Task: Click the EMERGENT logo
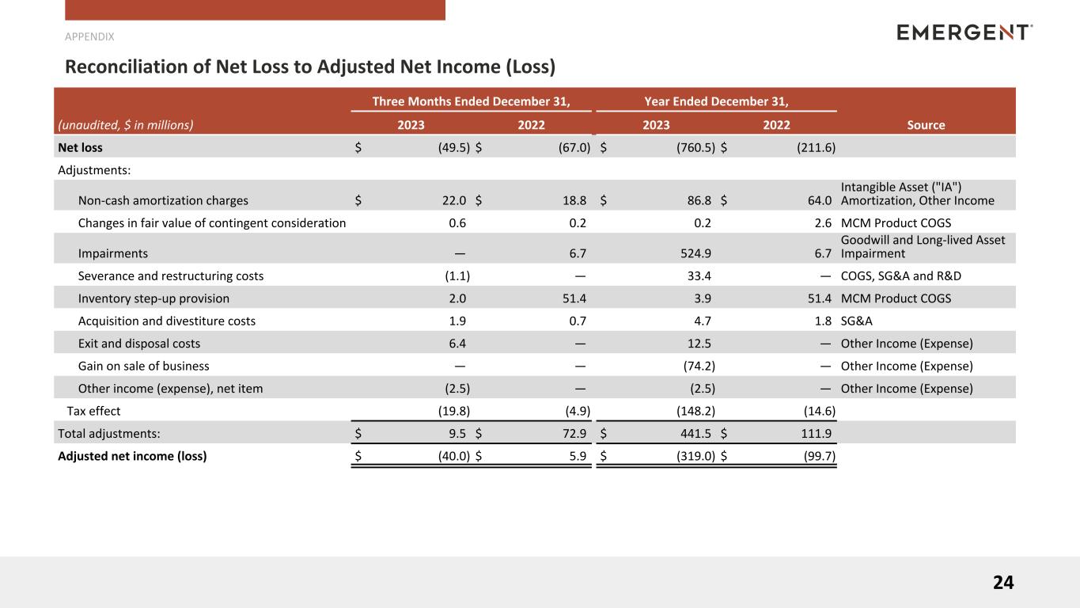click(x=964, y=32)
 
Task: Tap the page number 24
click(x=1002, y=583)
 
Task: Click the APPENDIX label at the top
click(x=89, y=36)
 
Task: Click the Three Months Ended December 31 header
click(x=471, y=101)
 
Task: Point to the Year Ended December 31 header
click(x=716, y=101)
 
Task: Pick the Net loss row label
click(x=80, y=147)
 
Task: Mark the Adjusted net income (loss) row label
click(x=132, y=455)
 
